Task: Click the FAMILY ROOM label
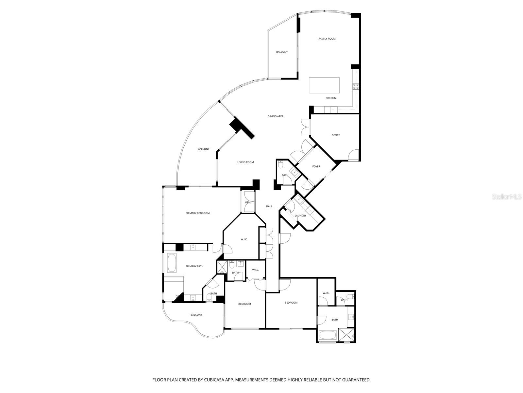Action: (327, 39)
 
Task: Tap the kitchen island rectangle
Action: (324, 85)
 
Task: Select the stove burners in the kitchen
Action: (356, 86)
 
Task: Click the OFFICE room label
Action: (335, 135)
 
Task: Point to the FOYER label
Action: (316, 167)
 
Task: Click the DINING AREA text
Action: (275, 116)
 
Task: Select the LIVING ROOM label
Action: (245, 162)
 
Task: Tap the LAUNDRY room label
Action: (300, 215)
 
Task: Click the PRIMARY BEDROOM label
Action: (197, 213)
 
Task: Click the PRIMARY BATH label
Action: (194, 266)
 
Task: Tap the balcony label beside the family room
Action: (282, 52)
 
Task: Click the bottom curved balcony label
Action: (196, 315)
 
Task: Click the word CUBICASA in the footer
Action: (216, 380)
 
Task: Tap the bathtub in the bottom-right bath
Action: (328, 335)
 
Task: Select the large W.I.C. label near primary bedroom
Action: (244, 239)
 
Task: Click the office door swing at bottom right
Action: (353, 155)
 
